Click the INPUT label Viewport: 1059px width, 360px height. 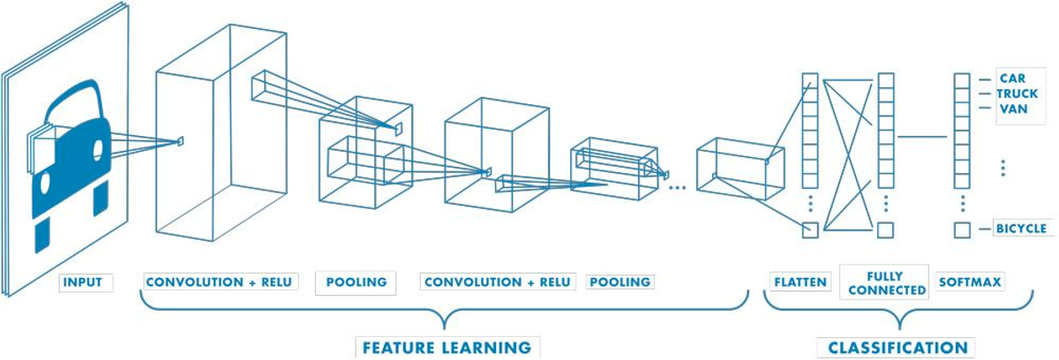click(x=82, y=282)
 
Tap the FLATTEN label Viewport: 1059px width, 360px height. click(x=800, y=282)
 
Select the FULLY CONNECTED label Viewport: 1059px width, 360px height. click(x=884, y=282)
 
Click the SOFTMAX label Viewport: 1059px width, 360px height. click(x=970, y=282)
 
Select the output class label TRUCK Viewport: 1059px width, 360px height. click(x=1018, y=93)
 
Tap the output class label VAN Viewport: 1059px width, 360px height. click(x=1010, y=109)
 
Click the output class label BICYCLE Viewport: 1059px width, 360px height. click(x=1021, y=229)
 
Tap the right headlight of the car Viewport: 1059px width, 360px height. click(x=97, y=151)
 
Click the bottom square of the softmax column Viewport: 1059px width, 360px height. click(x=962, y=230)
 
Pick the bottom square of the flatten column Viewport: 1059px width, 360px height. click(x=810, y=230)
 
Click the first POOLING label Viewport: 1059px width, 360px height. click(x=357, y=282)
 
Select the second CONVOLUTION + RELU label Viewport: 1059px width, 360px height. click(x=496, y=282)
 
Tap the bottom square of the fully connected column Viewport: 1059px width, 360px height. click(x=885, y=230)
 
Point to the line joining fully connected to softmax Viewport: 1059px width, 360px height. click(x=921, y=137)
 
